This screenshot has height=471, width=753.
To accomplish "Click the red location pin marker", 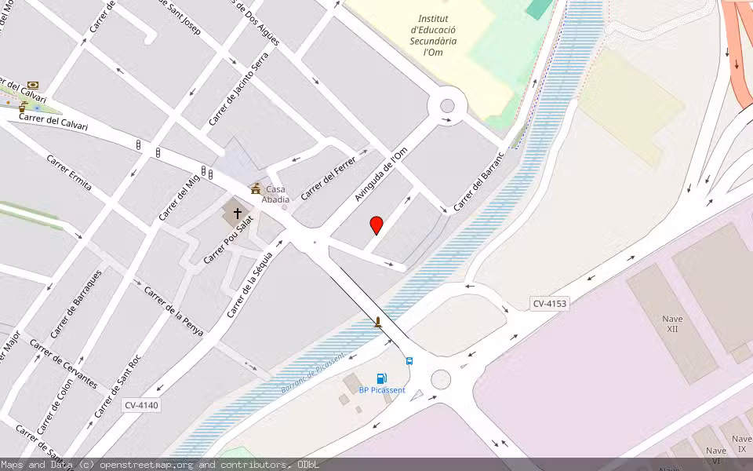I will (x=376, y=225).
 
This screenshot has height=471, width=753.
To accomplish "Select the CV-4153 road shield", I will (x=549, y=304).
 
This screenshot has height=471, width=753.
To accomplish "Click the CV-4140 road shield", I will (x=141, y=406).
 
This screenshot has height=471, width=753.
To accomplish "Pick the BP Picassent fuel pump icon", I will (x=382, y=378).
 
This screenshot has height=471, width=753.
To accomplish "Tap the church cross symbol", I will (x=237, y=213).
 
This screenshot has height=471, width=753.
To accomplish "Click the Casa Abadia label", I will (x=275, y=194).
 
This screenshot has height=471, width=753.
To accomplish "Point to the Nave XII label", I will (x=672, y=323).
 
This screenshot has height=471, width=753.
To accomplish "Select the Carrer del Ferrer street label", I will (x=329, y=177).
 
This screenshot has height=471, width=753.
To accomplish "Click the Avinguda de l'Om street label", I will (x=381, y=173).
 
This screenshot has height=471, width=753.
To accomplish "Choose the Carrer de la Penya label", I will (x=173, y=312).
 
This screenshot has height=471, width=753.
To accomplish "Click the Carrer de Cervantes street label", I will (x=64, y=363).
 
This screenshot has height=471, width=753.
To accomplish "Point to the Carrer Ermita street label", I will (x=69, y=173).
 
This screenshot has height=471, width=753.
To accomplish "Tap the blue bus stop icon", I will (x=409, y=361).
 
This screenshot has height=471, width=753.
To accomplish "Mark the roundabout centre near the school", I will (x=447, y=106).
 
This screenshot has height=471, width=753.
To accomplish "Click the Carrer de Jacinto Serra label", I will (x=238, y=89).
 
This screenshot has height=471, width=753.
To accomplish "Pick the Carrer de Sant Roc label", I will (x=118, y=386).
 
